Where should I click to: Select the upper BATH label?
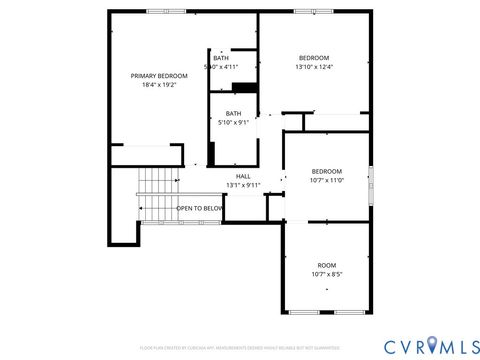tap(221, 58)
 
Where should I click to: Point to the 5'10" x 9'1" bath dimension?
tap(233, 122)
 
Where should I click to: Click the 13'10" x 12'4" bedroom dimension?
tap(314, 67)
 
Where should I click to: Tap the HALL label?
tap(243, 175)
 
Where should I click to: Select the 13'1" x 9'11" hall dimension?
tap(243, 184)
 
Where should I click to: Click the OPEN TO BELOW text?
tap(200, 208)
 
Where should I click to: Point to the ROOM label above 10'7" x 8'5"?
tap(327, 264)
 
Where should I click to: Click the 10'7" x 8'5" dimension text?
tap(327, 274)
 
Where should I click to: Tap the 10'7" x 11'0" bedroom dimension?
tap(326, 180)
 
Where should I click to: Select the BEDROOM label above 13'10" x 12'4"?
tap(314, 57)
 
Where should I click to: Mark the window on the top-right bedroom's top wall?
tap(313, 11)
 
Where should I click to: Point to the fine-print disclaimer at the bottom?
tap(240, 347)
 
